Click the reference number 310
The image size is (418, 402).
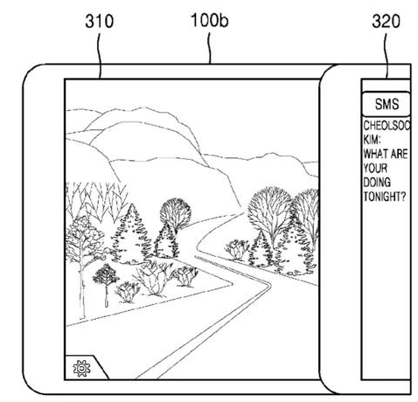click(99, 21)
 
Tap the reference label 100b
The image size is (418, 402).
click(209, 20)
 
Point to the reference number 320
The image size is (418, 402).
click(386, 21)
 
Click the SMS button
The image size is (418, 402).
click(386, 104)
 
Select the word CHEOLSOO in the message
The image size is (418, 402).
click(387, 126)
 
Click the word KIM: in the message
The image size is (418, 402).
click(372, 140)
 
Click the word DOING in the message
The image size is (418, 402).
click(377, 183)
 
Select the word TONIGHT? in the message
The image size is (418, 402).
click(384, 197)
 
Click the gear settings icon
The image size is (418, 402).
click(81, 369)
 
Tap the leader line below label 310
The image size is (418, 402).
click(100, 56)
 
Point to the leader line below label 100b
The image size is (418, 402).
click(209, 48)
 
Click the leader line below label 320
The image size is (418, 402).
click(387, 56)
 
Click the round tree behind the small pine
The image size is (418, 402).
click(176, 212)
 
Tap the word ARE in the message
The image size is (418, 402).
click(399, 154)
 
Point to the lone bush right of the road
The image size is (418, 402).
click(237, 250)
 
